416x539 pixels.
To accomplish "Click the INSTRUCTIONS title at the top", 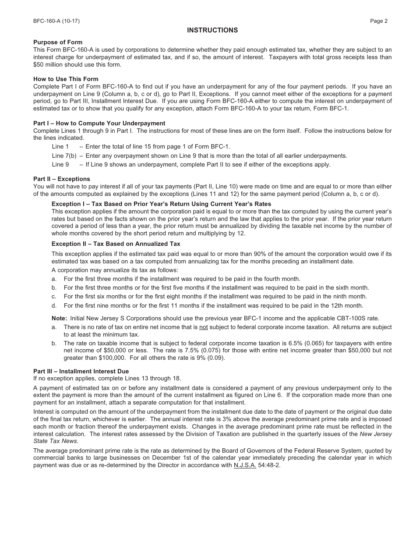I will pos(212,30).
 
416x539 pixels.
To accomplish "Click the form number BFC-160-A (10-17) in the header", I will pos(56,21).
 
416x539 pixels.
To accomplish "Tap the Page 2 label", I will pos(378,21).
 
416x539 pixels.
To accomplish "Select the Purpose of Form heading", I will pos(58,42).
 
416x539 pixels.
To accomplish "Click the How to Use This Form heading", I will pos(66,79).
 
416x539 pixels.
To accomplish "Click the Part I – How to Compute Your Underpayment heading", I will pos(99,123).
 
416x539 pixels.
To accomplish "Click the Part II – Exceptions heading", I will pos(61,179).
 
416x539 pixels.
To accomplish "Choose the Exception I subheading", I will pos(161,204).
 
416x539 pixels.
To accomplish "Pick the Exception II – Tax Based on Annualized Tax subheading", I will pos(116,244).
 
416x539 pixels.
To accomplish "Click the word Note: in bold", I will pos(59,318).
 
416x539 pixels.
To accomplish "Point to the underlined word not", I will pos(203,327).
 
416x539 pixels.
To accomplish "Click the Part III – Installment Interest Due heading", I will pos(81,371).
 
